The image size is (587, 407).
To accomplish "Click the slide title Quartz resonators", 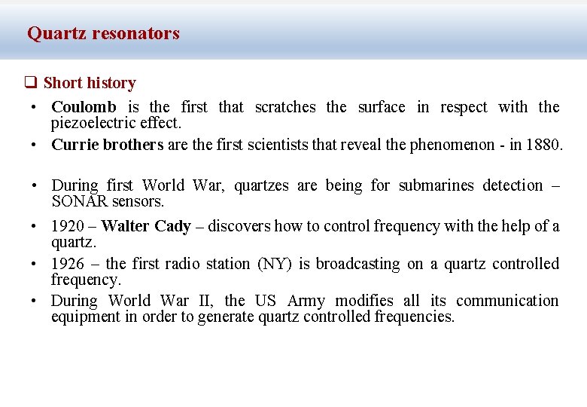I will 103,33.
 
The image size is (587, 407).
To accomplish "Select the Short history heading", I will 90,83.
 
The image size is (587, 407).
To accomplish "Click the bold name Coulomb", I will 84,107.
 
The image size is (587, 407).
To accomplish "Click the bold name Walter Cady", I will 145,226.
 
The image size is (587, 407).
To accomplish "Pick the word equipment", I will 86,317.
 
